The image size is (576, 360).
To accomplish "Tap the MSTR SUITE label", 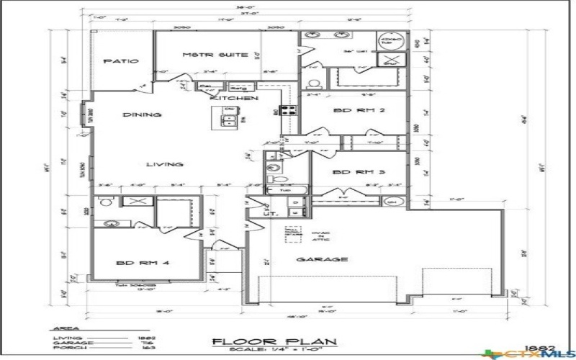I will click(x=204, y=55).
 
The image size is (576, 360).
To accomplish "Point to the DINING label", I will click(x=141, y=114).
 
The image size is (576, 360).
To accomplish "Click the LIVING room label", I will click(x=165, y=164).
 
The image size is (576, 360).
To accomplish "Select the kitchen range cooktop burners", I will click(x=288, y=111).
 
